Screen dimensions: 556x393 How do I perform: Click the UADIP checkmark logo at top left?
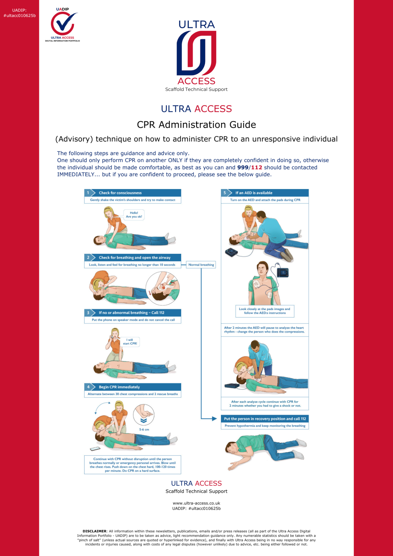tap(62, 24)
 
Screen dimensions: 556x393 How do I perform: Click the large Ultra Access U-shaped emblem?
tap(197, 53)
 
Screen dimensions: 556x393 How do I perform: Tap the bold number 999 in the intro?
tap(243, 167)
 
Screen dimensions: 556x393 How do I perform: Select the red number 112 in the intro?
tap(257, 167)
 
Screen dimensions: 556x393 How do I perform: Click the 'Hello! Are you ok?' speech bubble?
tap(134, 215)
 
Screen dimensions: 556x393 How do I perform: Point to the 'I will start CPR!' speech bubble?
tap(130, 342)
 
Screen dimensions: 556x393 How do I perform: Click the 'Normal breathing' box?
tap(201, 265)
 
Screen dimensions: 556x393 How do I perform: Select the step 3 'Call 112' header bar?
tap(133, 313)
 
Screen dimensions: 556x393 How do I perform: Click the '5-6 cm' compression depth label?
tap(144, 429)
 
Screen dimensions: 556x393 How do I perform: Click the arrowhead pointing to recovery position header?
tap(214, 419)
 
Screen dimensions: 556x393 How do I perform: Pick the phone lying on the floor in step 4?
tap(95, 449)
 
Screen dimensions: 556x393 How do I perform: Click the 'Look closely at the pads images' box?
tap(265, 311)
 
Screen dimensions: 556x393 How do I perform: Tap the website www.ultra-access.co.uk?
tap(197, 503)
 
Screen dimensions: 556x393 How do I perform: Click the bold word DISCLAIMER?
tap(94, 531)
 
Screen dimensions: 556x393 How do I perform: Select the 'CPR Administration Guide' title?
tap(197, 125)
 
